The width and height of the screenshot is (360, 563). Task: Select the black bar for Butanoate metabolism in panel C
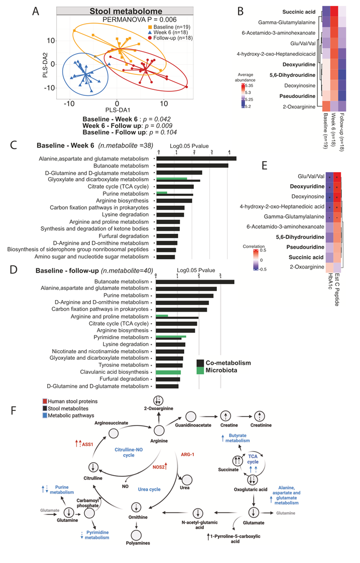click(193, 165)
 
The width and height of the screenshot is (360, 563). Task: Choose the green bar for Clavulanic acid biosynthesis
click(168, 372)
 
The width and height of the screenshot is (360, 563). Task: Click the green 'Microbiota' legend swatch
click(200, 370)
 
